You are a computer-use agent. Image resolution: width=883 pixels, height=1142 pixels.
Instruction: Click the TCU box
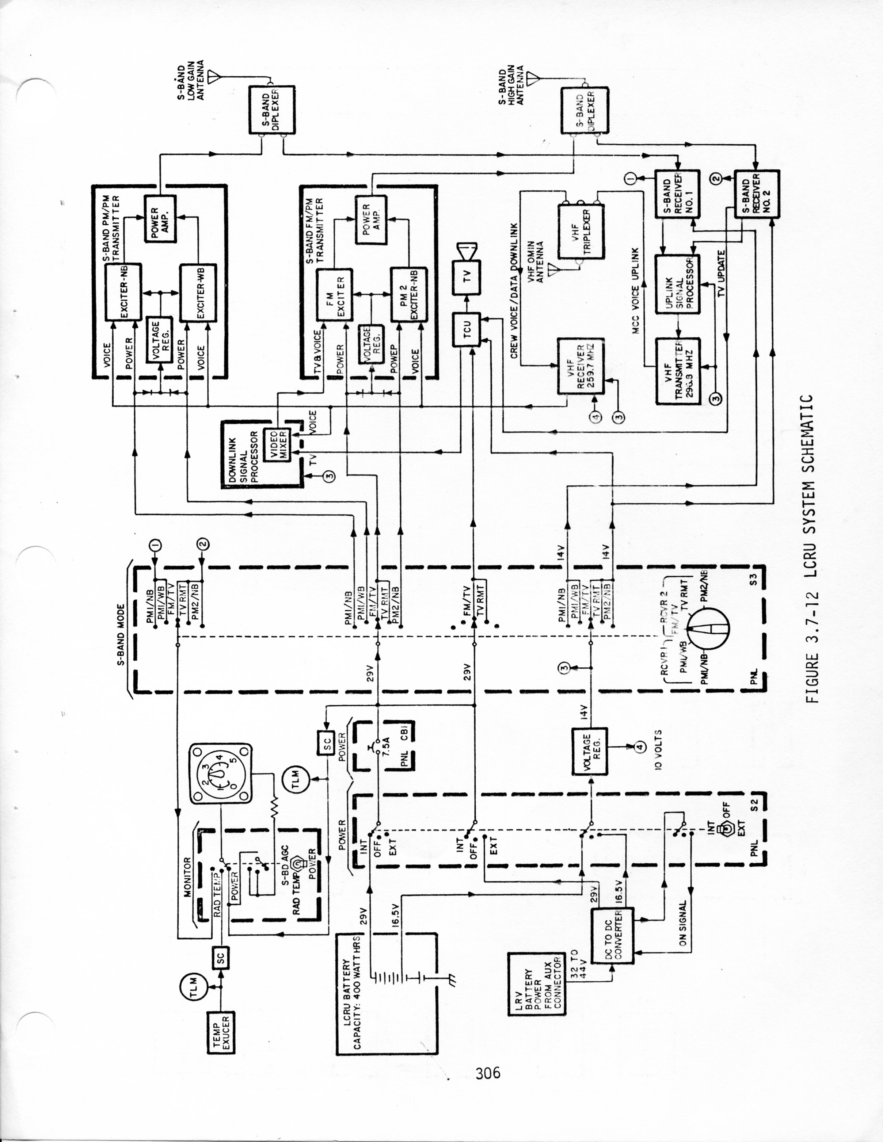pos(467,328)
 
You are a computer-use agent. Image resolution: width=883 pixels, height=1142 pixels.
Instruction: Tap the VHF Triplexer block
pos(581,232)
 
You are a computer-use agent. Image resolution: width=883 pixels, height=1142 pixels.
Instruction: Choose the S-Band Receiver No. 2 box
pos(756,194)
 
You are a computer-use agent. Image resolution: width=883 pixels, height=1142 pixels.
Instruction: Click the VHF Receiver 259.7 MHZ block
pos(580,366)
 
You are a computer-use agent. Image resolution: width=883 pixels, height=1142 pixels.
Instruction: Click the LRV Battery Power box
pos(536,984)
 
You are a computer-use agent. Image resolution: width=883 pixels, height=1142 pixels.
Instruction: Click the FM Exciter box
pos(334,295)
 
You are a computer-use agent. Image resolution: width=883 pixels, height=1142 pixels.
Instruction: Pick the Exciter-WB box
pos(198,293)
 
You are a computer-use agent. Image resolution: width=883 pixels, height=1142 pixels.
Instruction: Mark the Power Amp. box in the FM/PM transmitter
pos(371,219)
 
